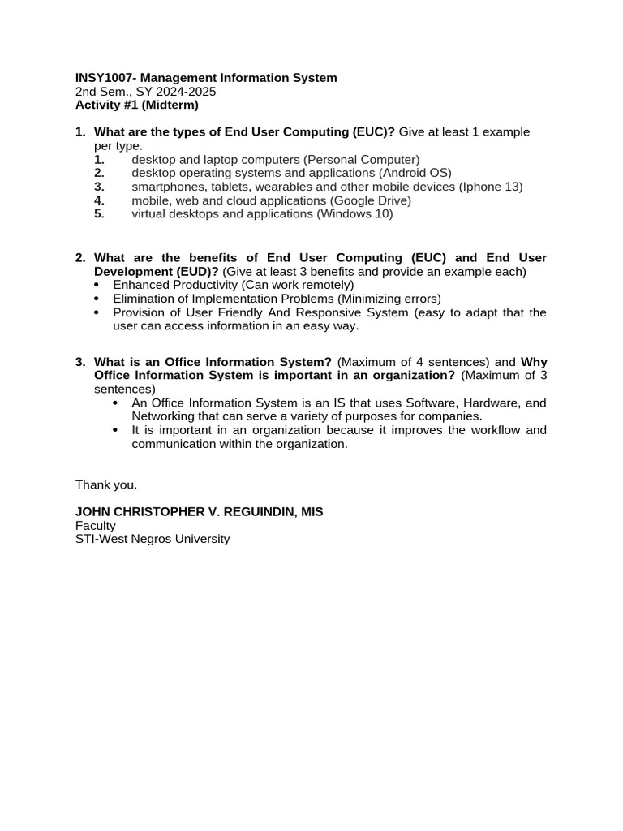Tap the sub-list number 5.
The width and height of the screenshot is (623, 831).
99,214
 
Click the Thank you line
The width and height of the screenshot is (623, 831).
106,484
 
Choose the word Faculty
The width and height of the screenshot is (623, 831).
96,526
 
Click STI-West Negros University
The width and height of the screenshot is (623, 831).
153,539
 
